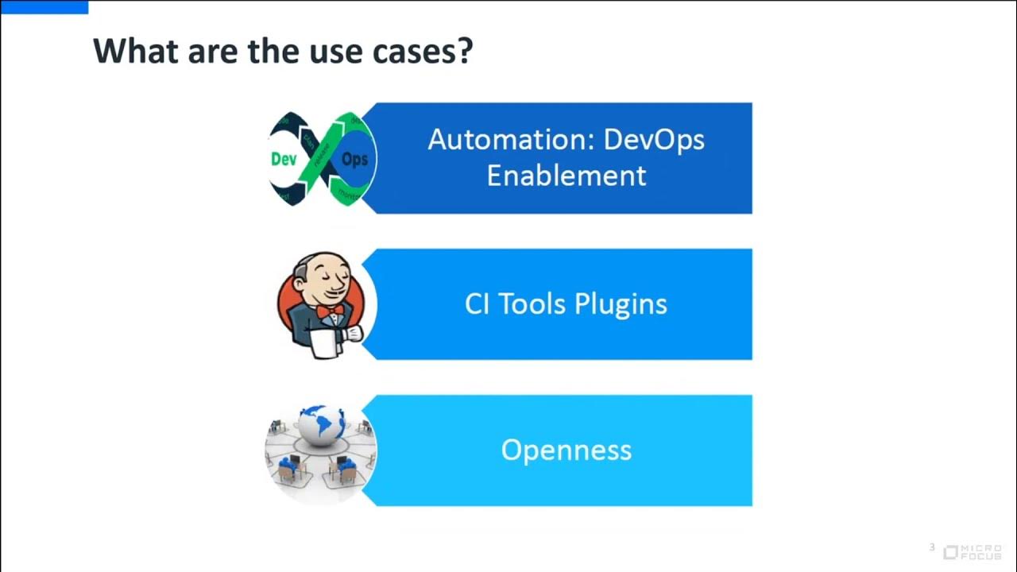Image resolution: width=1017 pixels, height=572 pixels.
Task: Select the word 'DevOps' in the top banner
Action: point(654,140)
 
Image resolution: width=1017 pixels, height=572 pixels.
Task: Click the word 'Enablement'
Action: point(566,176)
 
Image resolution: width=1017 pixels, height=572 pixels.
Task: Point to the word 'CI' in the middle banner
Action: point(477,303)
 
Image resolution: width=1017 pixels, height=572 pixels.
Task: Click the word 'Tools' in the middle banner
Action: point(532,303)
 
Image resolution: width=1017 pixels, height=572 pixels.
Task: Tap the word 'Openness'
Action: point(566,450)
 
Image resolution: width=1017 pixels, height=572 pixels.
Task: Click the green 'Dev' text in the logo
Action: point(284,160)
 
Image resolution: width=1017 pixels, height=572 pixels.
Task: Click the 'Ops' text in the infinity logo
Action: point(354,160)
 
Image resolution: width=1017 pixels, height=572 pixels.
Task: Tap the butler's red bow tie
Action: point(330,311)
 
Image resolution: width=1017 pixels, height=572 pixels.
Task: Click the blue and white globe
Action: point(322,425)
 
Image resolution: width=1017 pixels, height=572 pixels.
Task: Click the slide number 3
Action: point(933,547)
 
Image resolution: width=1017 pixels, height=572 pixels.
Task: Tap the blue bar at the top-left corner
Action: point(44,6)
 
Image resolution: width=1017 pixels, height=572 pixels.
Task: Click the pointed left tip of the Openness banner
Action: point(365,450)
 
